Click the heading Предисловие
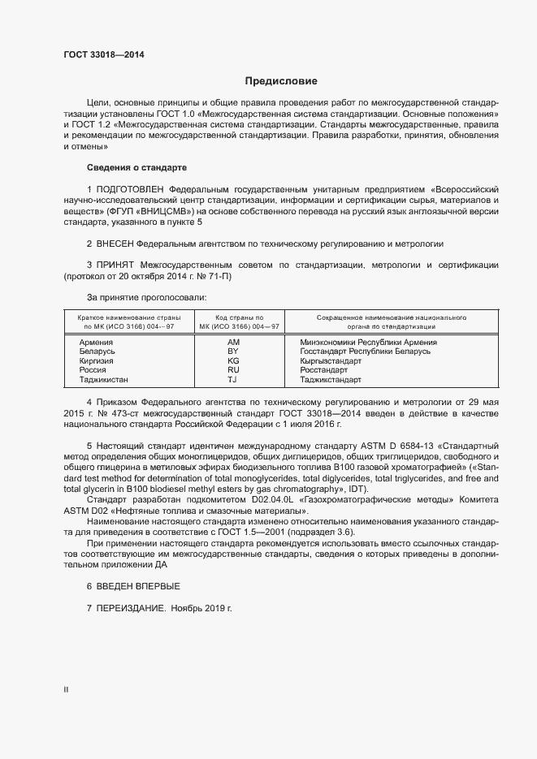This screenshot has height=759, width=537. pos(282,81)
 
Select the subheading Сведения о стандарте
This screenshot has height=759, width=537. pos(136,167)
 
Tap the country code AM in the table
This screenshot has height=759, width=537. pos(234,343)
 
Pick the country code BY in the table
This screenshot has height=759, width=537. pos(234,351)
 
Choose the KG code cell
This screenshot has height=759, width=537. pos(234,360)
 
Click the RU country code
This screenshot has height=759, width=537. pos(234,370)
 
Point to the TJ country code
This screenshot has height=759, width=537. pos(233,379)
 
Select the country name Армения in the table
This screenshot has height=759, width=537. pos(96,343)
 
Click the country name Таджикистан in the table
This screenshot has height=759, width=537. pos(103,379)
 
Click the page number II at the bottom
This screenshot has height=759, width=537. pos(66,689)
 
